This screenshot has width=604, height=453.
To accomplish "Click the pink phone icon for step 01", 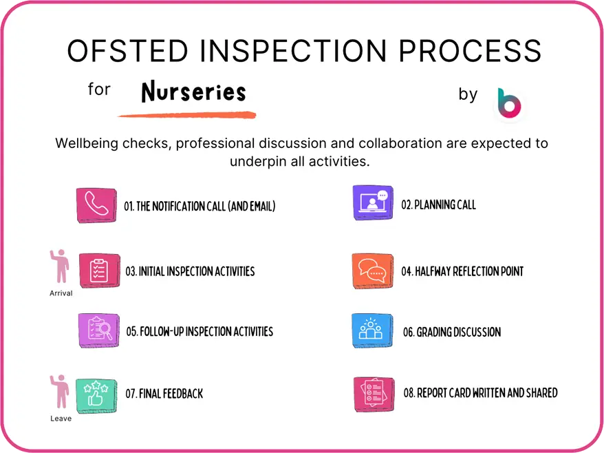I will (x=96, y=205).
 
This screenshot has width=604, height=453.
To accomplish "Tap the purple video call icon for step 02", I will (x=373, y=203).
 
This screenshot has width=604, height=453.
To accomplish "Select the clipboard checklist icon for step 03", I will (x=99, y=271).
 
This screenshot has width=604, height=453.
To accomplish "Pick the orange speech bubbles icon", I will (x=372, y=271).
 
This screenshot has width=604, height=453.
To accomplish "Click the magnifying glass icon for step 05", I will (x=99, y=330).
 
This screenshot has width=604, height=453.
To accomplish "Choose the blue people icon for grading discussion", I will (x=372, y=330).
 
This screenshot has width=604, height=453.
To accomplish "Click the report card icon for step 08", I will (x=374, y=394).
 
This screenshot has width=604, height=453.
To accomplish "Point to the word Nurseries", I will (x=193, y=92).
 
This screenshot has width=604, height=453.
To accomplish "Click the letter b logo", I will (x=510, y=103).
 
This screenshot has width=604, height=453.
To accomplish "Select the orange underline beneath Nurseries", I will (x=187, y=115).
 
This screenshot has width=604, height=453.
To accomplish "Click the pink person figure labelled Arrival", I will (x=61, y=267).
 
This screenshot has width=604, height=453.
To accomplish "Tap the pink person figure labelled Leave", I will (x=61, y=392).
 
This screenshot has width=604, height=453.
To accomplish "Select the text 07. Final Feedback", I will (x=164, y=394).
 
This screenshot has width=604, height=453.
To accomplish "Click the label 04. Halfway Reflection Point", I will (x=462, y=271).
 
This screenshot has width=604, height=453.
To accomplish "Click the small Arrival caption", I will (x=61, y=293).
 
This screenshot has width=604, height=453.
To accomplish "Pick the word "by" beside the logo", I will (x=468, y=94).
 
